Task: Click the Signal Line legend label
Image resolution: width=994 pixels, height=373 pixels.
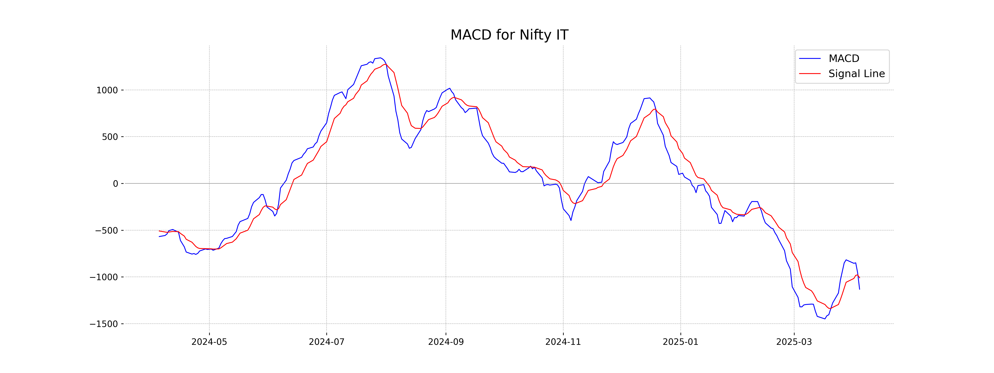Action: [x=856, y=74]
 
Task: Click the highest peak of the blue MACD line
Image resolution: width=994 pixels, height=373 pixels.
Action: [x=380, y=58]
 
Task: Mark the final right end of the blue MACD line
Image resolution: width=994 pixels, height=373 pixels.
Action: [x=859, y=289]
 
